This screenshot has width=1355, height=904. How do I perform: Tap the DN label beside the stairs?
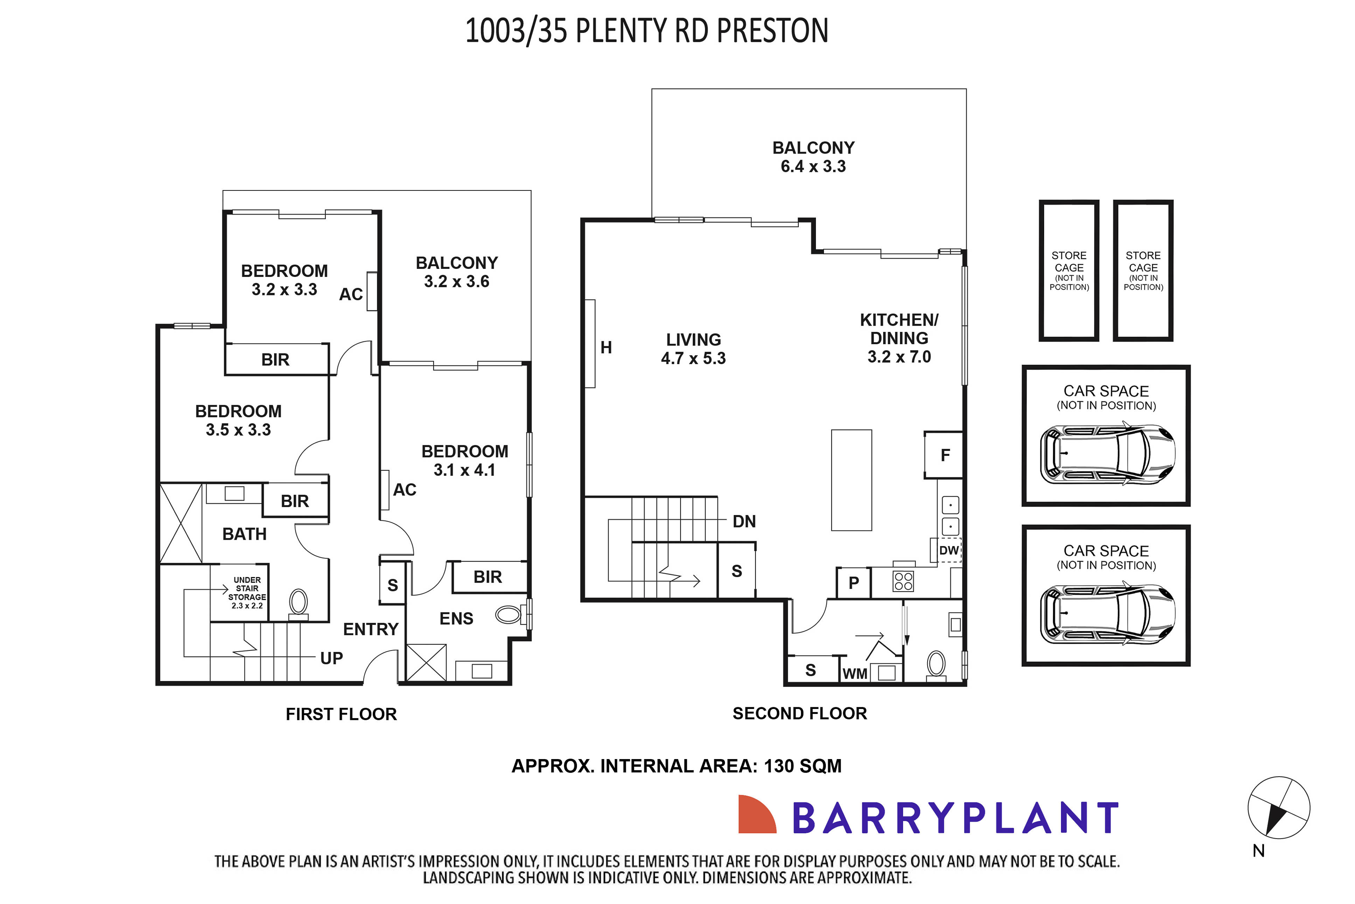(x=743, y=521)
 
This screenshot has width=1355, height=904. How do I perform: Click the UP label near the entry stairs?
(x=331, y=658)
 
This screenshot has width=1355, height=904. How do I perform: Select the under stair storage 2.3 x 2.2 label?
(x=247, y=593)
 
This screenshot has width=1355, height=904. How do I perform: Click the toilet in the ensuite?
(x=508, y=614)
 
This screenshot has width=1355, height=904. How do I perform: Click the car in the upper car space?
(x=1106, y=454)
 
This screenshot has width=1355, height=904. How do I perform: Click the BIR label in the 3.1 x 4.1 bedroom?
(x=488, y=577)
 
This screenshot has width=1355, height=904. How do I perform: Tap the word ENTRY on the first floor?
(x=371, y=629)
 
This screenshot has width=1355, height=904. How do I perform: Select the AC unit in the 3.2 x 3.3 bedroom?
(x=372, y=291)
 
